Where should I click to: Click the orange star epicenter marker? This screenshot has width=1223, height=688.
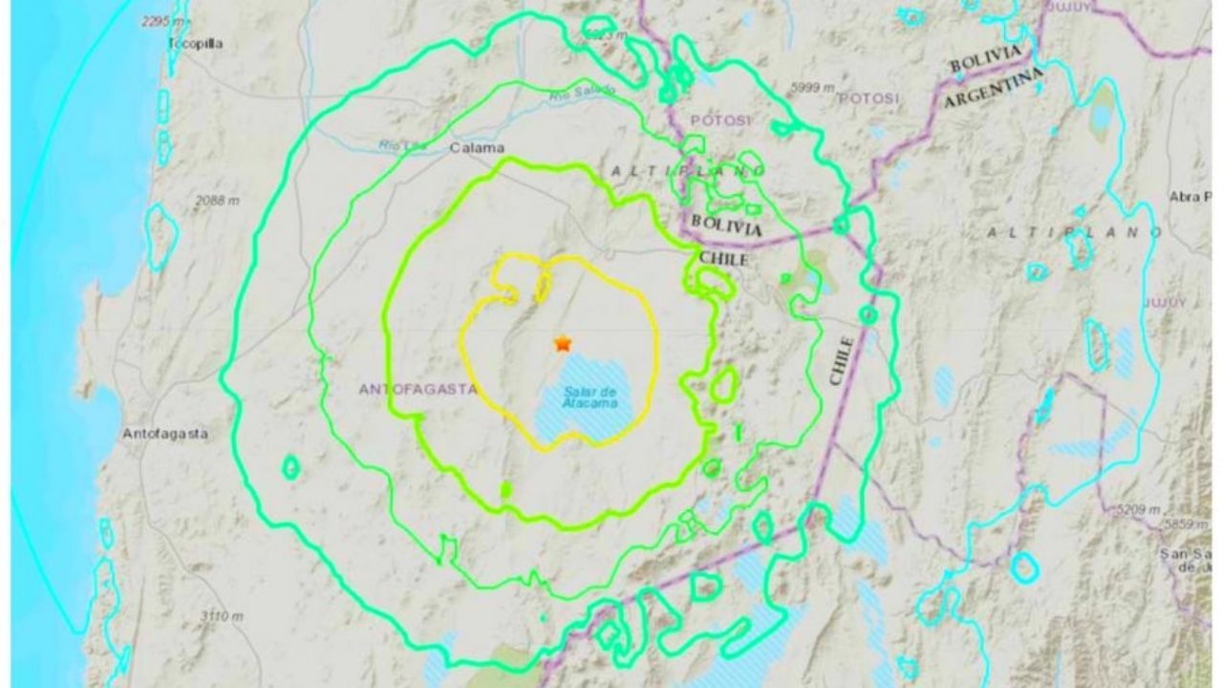563,342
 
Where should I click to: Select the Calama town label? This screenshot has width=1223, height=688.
477,147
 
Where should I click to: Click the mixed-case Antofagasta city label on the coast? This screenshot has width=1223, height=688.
164,433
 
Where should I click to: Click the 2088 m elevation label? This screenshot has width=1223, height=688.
217,200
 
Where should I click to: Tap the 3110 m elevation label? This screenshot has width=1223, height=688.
221,617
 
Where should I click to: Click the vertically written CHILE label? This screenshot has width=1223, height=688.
841,360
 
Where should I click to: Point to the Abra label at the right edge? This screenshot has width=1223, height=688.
1189,197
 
